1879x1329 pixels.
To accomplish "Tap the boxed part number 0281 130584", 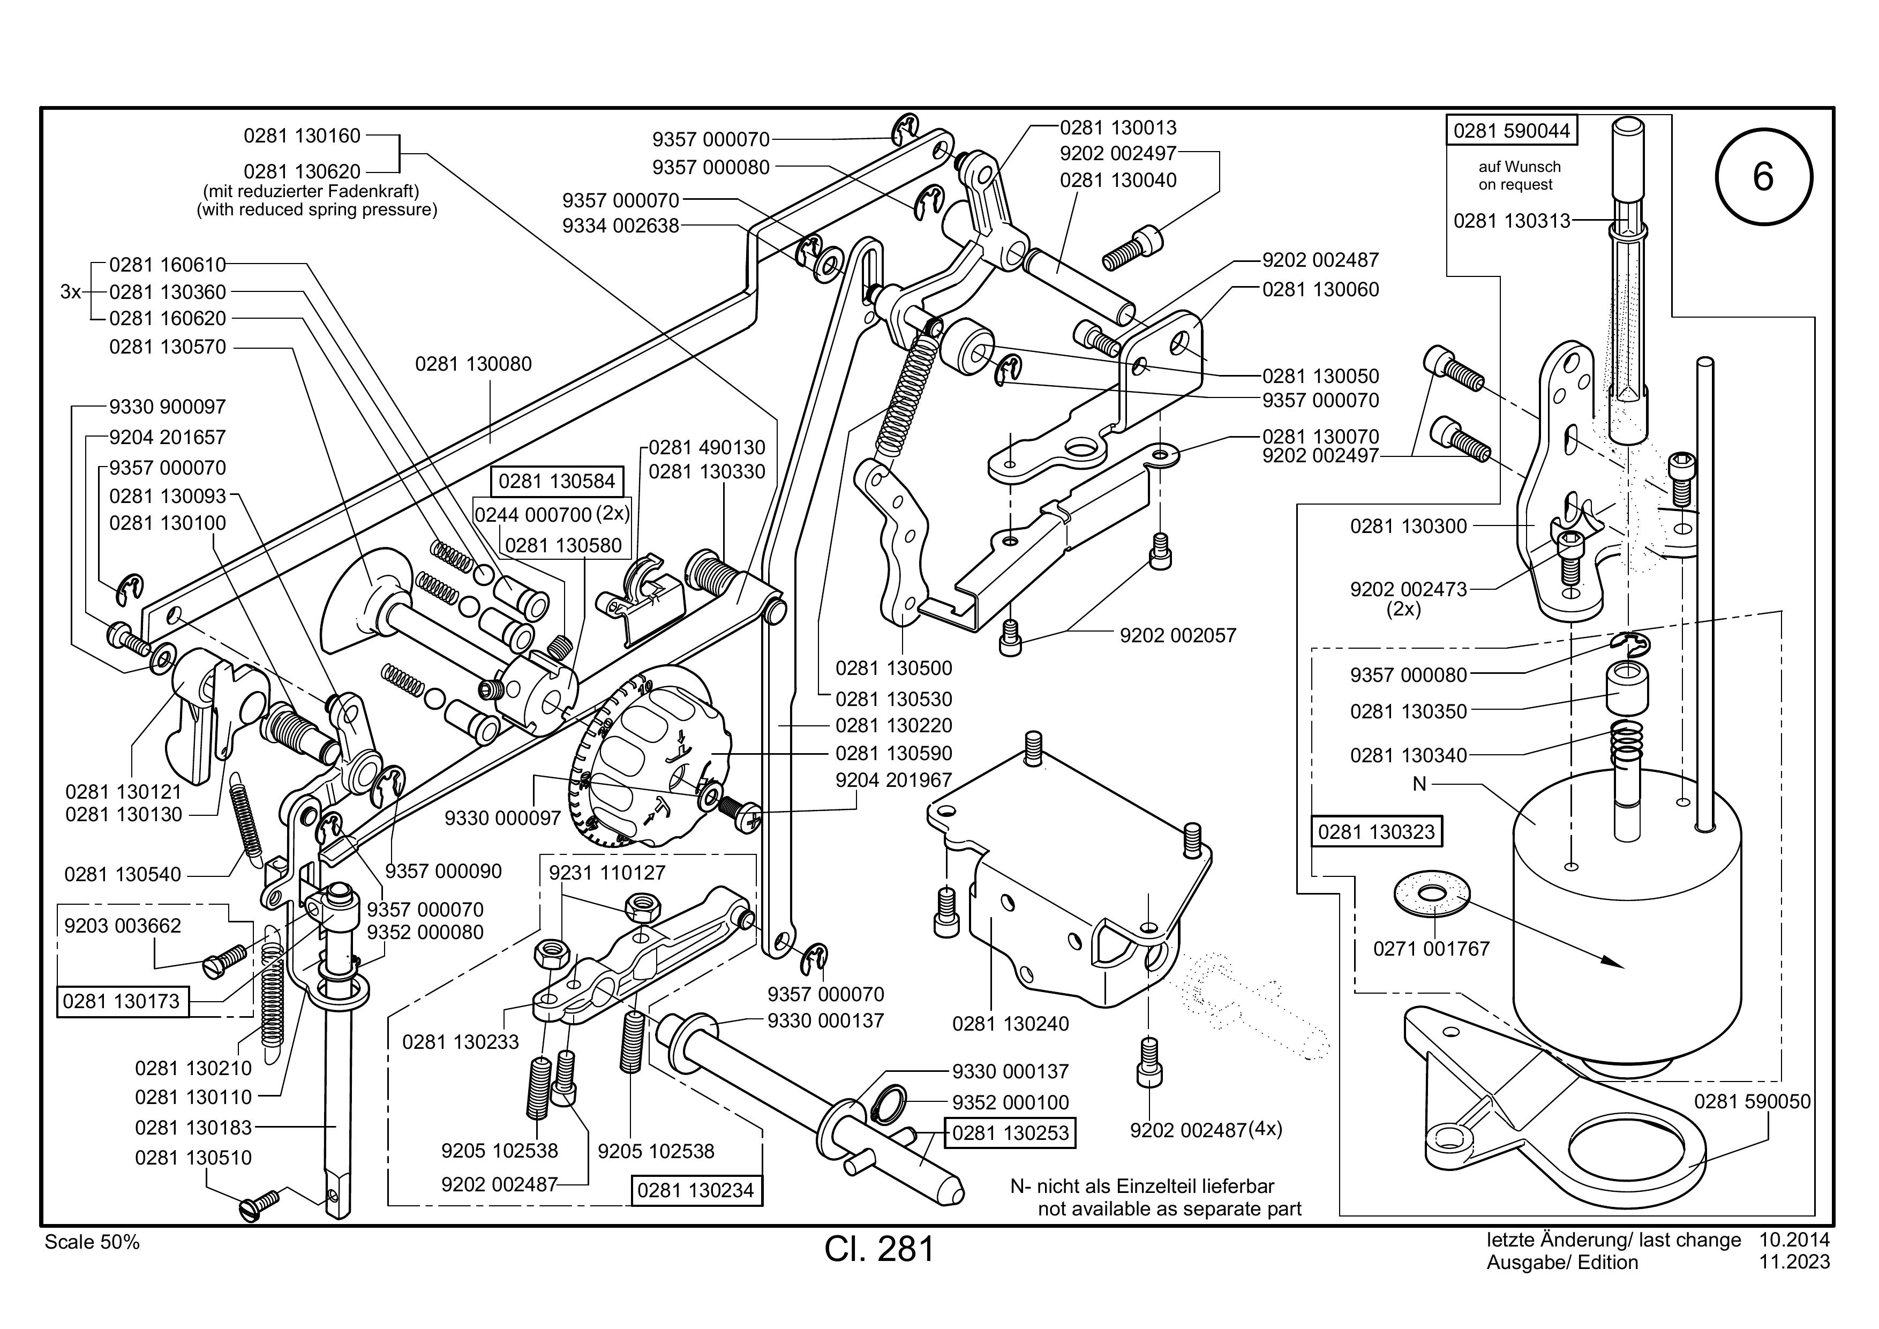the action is (x=557, y=481).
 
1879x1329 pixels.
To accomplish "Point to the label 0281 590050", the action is (x=1752, y=1101).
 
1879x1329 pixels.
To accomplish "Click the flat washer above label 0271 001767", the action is (x=1431, y=893).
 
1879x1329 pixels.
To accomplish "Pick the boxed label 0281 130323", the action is (x=1377, y=832).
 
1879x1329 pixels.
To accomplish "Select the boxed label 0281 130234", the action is (x=696, y=1191).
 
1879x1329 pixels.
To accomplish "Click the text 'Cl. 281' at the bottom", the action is (x=880, y=1250).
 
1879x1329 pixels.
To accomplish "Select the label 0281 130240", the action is (x=1011, y=1024).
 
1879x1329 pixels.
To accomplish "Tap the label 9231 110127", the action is (x=607, y=873).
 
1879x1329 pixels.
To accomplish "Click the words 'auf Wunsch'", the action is (x=1520, y=167).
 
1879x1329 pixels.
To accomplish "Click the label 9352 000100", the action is (x=1011, y=1102).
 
